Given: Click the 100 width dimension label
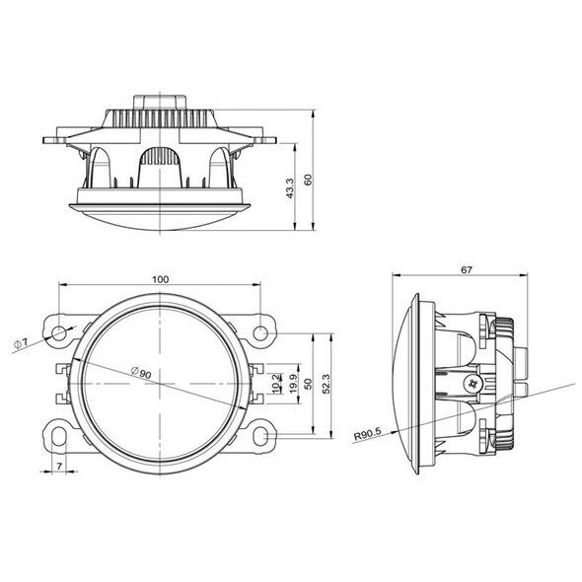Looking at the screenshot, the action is (x=161, y=279).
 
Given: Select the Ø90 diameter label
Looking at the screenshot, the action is (x=141, y=372).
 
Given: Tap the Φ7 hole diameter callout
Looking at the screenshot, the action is (x=21, y=343).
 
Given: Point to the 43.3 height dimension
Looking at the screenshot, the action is (x=290, y=188).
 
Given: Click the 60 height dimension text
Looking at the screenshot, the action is (x=309, y=180).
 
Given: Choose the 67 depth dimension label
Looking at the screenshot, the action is (x=467, y=270).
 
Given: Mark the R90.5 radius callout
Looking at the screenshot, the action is (x=368, y=433).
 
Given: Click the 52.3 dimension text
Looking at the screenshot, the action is (x=327, y=384).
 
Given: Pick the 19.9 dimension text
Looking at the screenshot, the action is (x=294, y=384).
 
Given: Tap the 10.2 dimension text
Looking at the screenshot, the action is (x=276, y=384).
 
